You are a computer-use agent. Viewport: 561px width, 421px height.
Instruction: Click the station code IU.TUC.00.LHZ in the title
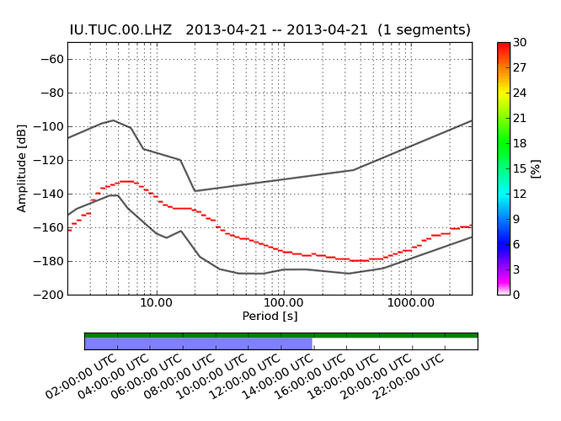tap(120, 29)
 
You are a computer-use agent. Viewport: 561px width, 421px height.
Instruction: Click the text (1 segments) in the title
tap(424, 29)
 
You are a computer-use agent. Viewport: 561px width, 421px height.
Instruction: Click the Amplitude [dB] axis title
tap(22, 168)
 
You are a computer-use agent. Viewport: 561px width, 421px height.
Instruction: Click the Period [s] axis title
tap(270, 316)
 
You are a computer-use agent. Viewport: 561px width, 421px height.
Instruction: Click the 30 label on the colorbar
tap(520, 43)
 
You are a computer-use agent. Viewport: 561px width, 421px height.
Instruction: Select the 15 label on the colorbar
tap(520, 168)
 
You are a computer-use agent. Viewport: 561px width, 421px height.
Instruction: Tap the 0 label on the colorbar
tap(516, 295)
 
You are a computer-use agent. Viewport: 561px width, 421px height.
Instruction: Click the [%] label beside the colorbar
tap(535, 168)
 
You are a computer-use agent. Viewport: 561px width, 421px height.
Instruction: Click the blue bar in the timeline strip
tap(198, 344)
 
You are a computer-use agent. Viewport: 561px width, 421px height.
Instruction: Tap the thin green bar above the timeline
tap(280, 335)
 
